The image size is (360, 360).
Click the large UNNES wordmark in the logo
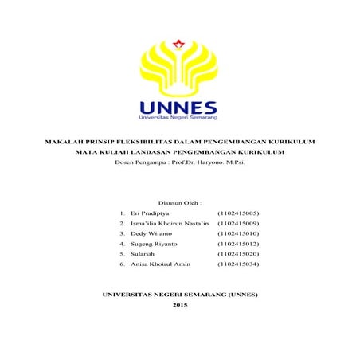click(179, 107)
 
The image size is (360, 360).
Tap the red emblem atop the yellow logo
click(181, 41)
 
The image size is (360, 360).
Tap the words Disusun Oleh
click(180, 203)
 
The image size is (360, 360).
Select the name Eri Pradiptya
click(149, 213)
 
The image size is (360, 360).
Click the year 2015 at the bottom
click(180, 307)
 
